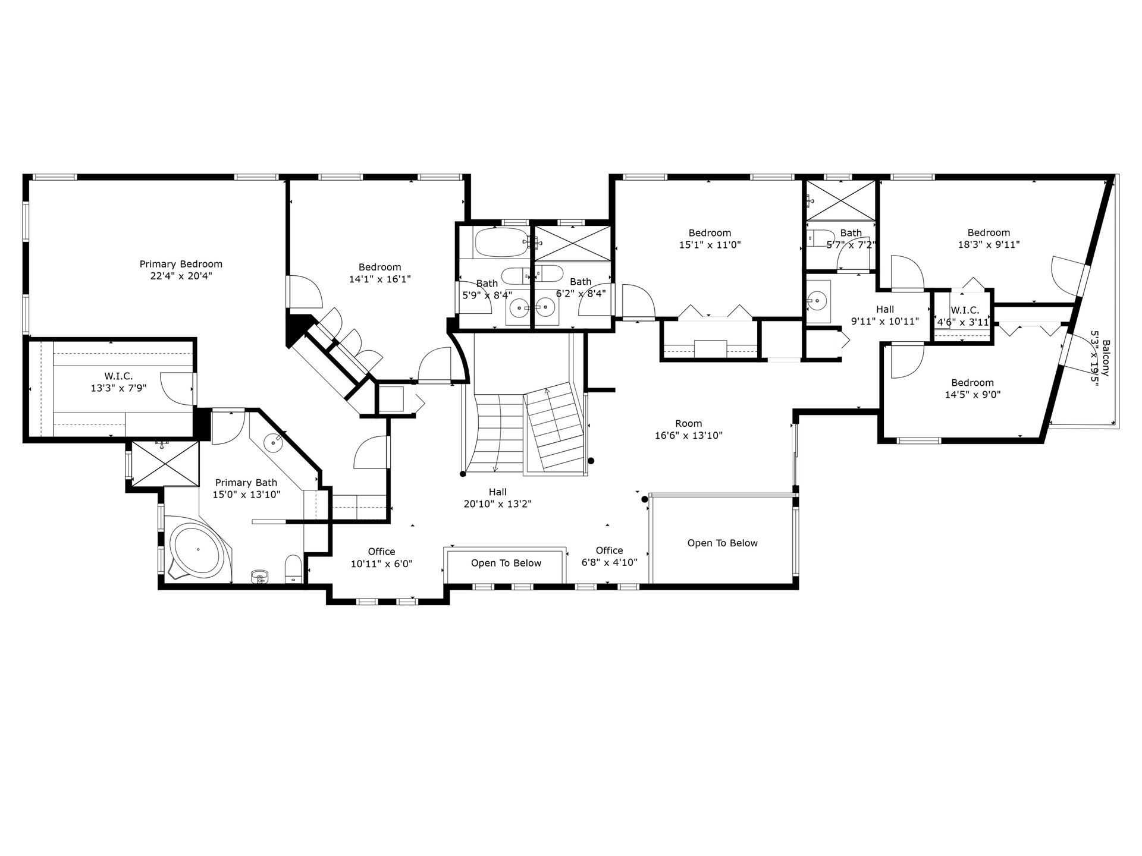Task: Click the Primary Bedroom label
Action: [181, 270]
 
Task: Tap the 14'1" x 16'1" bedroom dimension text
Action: [379, 279]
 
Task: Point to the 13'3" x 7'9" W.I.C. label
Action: [118, 382]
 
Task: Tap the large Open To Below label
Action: [722, 543]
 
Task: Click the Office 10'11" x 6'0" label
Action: [381, 558]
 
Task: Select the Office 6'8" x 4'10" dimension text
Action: [609, 562]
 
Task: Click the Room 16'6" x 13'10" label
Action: [688, 429]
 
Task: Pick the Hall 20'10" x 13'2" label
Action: [497, 498]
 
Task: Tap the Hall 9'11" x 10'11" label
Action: [884, 315]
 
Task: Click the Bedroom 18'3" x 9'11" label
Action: [989, 238]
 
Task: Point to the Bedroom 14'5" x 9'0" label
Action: [972, 388]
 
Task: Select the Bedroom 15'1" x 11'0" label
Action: [710, 238]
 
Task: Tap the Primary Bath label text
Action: [246, 483]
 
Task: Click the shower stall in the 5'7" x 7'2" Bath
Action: [840, 200]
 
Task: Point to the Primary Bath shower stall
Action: [165, 463]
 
